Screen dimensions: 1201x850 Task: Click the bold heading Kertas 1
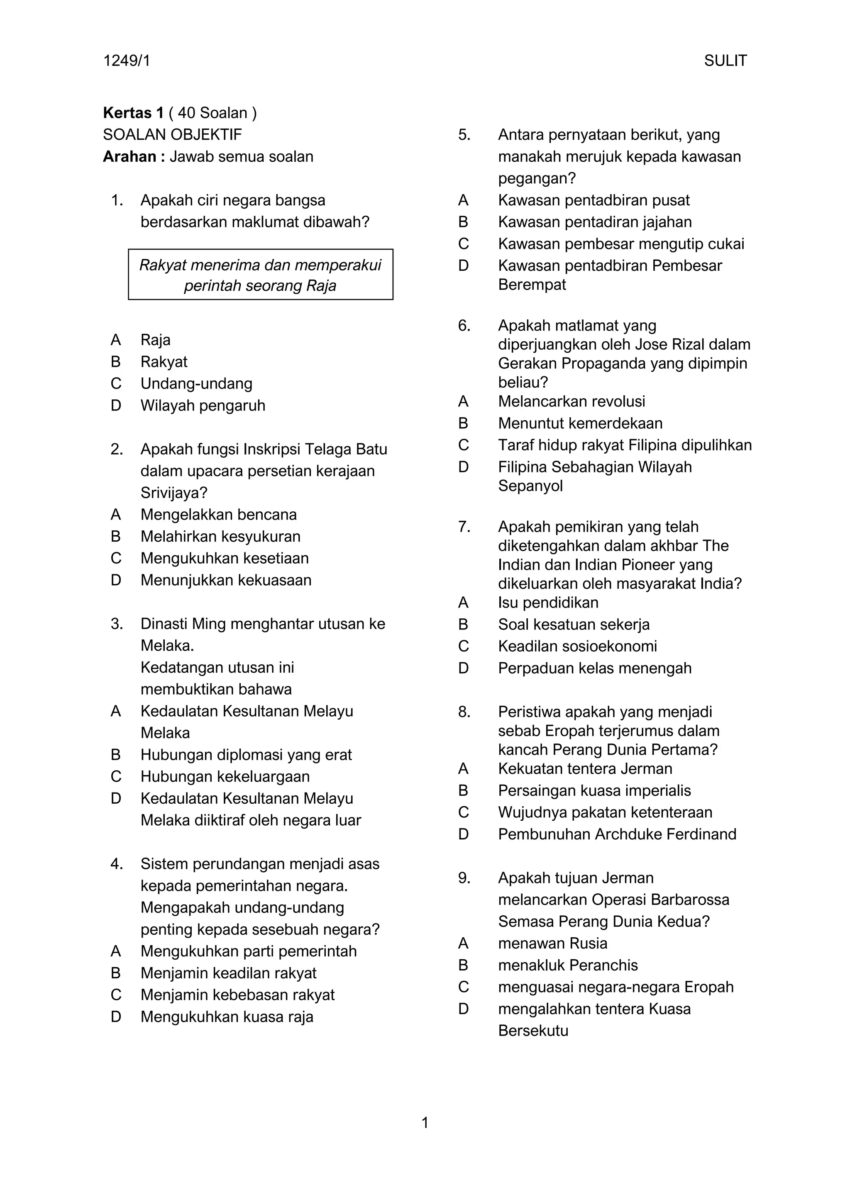[134, 112]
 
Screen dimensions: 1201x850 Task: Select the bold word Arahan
[129, 156]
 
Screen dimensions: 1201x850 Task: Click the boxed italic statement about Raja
[260, 275]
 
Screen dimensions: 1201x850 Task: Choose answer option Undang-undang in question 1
[196, 384]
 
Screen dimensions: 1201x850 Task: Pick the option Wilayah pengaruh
[203, 406]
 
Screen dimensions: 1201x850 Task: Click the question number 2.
[116, 449]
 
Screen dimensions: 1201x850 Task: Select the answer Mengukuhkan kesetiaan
[225, 558]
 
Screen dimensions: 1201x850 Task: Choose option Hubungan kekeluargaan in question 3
[225, 776]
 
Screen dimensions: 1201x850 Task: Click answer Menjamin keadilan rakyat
[228, 973]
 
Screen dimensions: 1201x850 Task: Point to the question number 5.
[464, 134]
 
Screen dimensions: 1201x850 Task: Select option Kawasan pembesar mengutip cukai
[621, 244]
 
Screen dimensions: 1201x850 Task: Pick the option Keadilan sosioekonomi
[577, 646]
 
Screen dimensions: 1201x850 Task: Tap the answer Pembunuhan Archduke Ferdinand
[617, 834]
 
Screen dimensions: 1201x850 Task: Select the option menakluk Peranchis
[568, 965]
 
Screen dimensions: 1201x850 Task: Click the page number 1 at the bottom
[425, 1123]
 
